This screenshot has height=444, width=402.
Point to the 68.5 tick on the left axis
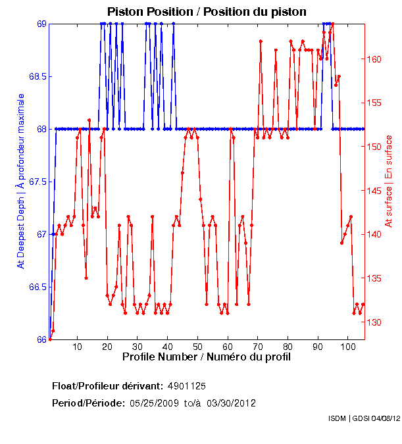(x=36, y=76)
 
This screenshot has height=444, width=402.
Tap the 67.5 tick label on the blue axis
(x=36, y=182)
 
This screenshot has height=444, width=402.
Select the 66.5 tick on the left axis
(x=36, y=287)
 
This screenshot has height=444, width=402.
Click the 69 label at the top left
(x=41, y=24)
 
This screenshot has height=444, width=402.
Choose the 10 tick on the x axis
(x=77, y=346)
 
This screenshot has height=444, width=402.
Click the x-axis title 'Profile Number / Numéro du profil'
(x=206, y=357)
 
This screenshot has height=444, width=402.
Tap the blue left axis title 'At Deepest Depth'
(x=21, y=180)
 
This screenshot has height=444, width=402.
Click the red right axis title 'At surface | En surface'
(x=388, y=182)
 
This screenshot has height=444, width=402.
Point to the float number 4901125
(x=191, y=385)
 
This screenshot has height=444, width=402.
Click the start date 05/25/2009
(x=154, y=403)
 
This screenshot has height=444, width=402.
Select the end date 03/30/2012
(x=232, y=403)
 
